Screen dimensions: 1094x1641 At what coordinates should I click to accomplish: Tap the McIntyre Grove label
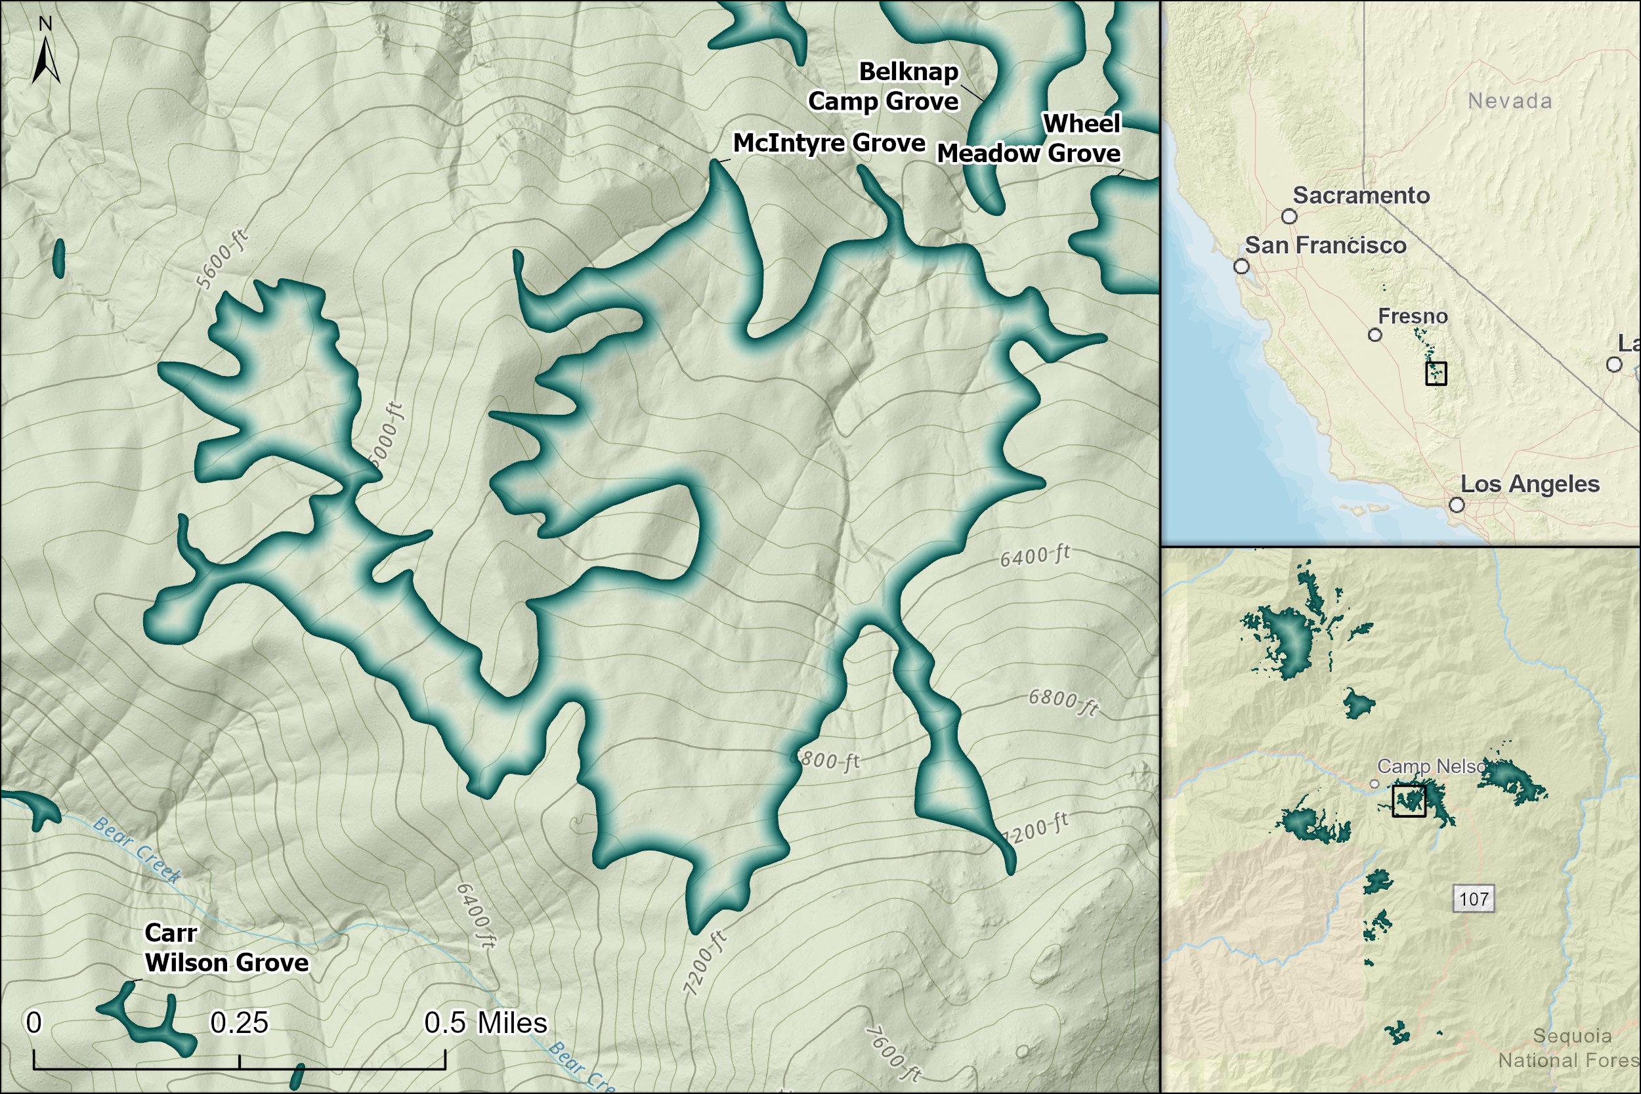click(x=829, y=143)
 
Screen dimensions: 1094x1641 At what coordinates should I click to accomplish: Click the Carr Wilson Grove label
click(x=224, y=948)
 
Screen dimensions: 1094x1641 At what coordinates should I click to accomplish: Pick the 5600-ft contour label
click(x=222, y=258)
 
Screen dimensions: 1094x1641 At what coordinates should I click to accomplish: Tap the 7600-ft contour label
click(x=893, y=1054)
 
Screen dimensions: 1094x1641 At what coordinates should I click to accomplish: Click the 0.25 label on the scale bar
click(x=239, y=1023)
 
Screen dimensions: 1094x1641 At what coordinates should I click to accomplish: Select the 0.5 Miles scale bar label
click(x=486, y=1023)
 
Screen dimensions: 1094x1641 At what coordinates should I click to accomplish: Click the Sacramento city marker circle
click(x=1289, y=217)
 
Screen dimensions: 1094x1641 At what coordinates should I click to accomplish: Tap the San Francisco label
click(x=1325, y=245)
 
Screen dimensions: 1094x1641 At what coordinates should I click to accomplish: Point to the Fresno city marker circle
click(x=1375, y=335)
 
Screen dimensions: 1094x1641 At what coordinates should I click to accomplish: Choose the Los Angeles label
click(x=1529, y=484)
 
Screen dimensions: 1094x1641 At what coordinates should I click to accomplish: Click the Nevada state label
click(x=1510, y=101)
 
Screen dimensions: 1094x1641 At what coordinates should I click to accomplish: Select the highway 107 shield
click(x=1474, y=898)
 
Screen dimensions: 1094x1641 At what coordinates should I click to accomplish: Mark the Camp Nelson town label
click(x=1430, y=767)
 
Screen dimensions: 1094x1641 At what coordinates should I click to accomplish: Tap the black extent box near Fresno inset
click(x=1436, y=373)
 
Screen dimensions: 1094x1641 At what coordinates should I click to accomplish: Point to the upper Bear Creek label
click(x=137, y=849)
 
